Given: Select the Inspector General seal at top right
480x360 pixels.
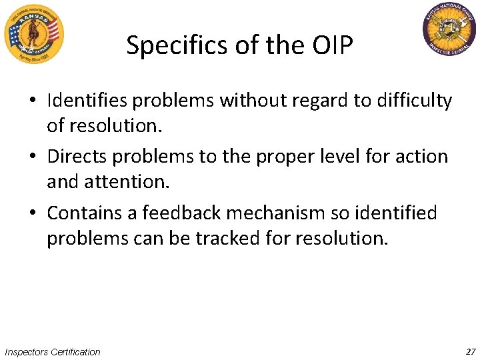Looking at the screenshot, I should point(450,31).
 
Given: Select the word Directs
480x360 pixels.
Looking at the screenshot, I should point(76,157).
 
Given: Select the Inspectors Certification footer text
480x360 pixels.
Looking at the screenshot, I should point(53,351).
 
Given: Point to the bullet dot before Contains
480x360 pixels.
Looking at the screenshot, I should point(33,214).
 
